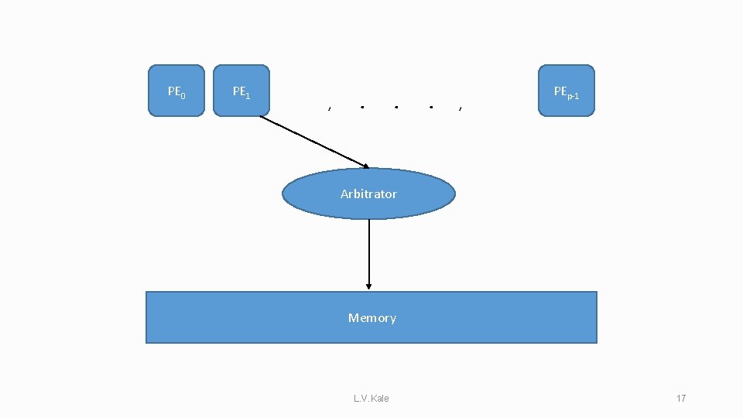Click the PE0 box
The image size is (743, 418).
176,91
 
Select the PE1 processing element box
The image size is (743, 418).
241,91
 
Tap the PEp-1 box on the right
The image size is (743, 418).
567,91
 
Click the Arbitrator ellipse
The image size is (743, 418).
368,194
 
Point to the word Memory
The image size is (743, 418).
371,317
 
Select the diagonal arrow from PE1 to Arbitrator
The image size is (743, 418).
313,142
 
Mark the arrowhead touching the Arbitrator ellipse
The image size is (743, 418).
365,166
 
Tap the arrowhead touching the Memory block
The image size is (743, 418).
369,286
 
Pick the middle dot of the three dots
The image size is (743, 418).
395,107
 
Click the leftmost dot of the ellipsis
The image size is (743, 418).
362,107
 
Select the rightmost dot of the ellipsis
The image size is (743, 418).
430,107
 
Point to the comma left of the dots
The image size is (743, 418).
330,108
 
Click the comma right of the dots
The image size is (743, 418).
461,108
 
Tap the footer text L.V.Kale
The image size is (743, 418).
371,398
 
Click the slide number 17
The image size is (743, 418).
681,398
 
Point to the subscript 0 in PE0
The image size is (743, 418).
183,95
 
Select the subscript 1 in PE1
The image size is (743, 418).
247,95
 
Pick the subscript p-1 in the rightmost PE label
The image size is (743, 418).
574,94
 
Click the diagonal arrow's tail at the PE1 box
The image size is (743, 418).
262,117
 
